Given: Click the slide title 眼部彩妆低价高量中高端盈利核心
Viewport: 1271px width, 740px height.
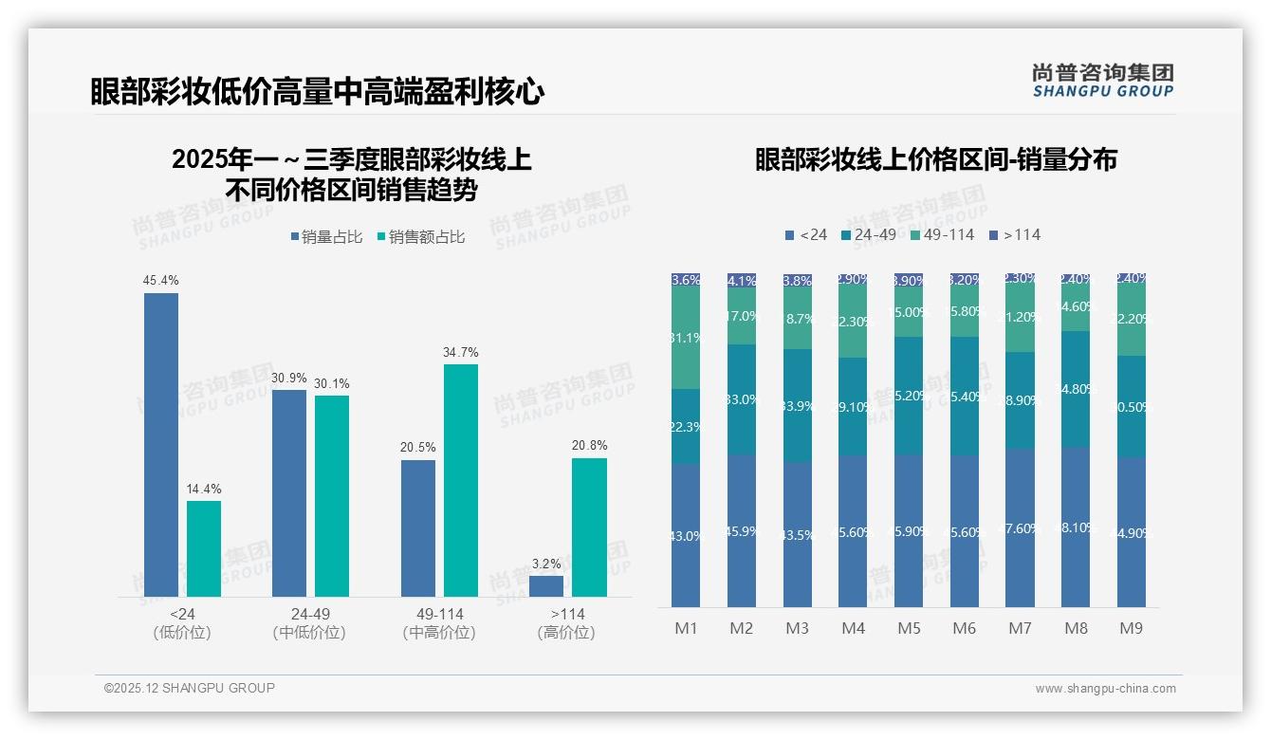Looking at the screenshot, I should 317,91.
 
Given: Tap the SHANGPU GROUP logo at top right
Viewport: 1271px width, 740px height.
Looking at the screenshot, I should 1102,80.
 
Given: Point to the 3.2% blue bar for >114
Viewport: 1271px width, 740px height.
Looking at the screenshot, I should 546,585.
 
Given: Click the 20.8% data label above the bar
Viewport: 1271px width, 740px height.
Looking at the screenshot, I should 590,445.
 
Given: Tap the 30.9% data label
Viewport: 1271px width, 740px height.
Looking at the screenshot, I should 289,378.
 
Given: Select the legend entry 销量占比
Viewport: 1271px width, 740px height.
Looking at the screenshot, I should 325,237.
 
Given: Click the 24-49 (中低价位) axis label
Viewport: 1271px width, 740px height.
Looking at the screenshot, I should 309,623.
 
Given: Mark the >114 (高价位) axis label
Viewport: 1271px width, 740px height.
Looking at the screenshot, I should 566,623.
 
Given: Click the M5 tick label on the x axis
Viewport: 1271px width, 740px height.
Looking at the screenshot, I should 909,628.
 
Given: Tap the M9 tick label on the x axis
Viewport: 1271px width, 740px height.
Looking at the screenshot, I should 1131,628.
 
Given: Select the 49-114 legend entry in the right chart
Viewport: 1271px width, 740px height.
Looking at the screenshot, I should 942,234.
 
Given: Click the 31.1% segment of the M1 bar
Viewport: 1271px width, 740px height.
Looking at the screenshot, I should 686,338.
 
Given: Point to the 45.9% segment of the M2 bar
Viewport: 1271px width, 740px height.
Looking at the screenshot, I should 742,530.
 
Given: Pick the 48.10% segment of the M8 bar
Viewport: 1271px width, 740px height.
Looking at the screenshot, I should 1076,527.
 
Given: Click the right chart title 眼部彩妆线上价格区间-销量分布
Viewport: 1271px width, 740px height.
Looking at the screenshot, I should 935,159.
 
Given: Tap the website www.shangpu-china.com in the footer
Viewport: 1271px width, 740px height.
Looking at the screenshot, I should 1105,689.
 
